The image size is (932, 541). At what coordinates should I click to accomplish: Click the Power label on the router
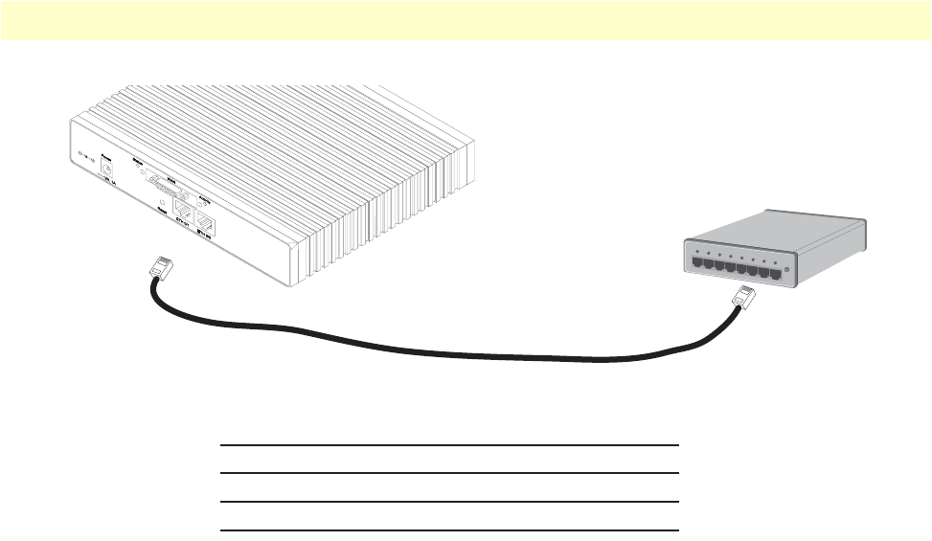(x=107, y=156)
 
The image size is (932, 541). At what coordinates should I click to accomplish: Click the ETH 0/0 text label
(x=205, y=231)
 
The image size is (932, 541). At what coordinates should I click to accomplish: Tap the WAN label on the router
(x=170, y=178)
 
